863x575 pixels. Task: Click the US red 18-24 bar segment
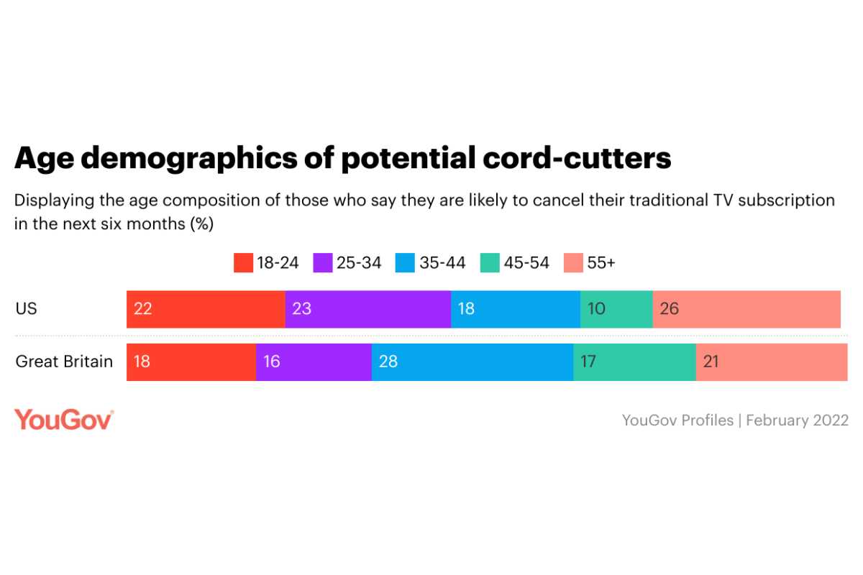click(206, 309)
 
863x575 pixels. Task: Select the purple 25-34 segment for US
click(367, 309)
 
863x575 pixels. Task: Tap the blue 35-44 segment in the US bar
click(515, 309)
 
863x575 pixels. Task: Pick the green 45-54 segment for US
click(616, 309)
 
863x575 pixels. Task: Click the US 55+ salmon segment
click(746, 309)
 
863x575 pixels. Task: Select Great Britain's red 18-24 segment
click(191, 362)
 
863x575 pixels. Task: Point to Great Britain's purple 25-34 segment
click(314, 362)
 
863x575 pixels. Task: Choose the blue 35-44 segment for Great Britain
click(472, 362)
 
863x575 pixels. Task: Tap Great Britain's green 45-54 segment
click(634, 362)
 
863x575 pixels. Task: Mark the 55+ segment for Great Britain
click(772, 362)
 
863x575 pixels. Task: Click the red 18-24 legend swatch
click(243, 263)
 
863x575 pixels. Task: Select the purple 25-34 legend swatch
click(323, 263)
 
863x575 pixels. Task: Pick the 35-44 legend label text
click(442, 263)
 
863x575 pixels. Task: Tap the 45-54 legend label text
click(526, 263)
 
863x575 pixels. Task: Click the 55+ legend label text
click(601, 263)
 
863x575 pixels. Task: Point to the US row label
click(26, 309)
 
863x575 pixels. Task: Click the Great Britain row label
click(64, 362)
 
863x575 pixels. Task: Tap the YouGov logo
click(64, 420)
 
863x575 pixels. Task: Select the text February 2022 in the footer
click(797, 420)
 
